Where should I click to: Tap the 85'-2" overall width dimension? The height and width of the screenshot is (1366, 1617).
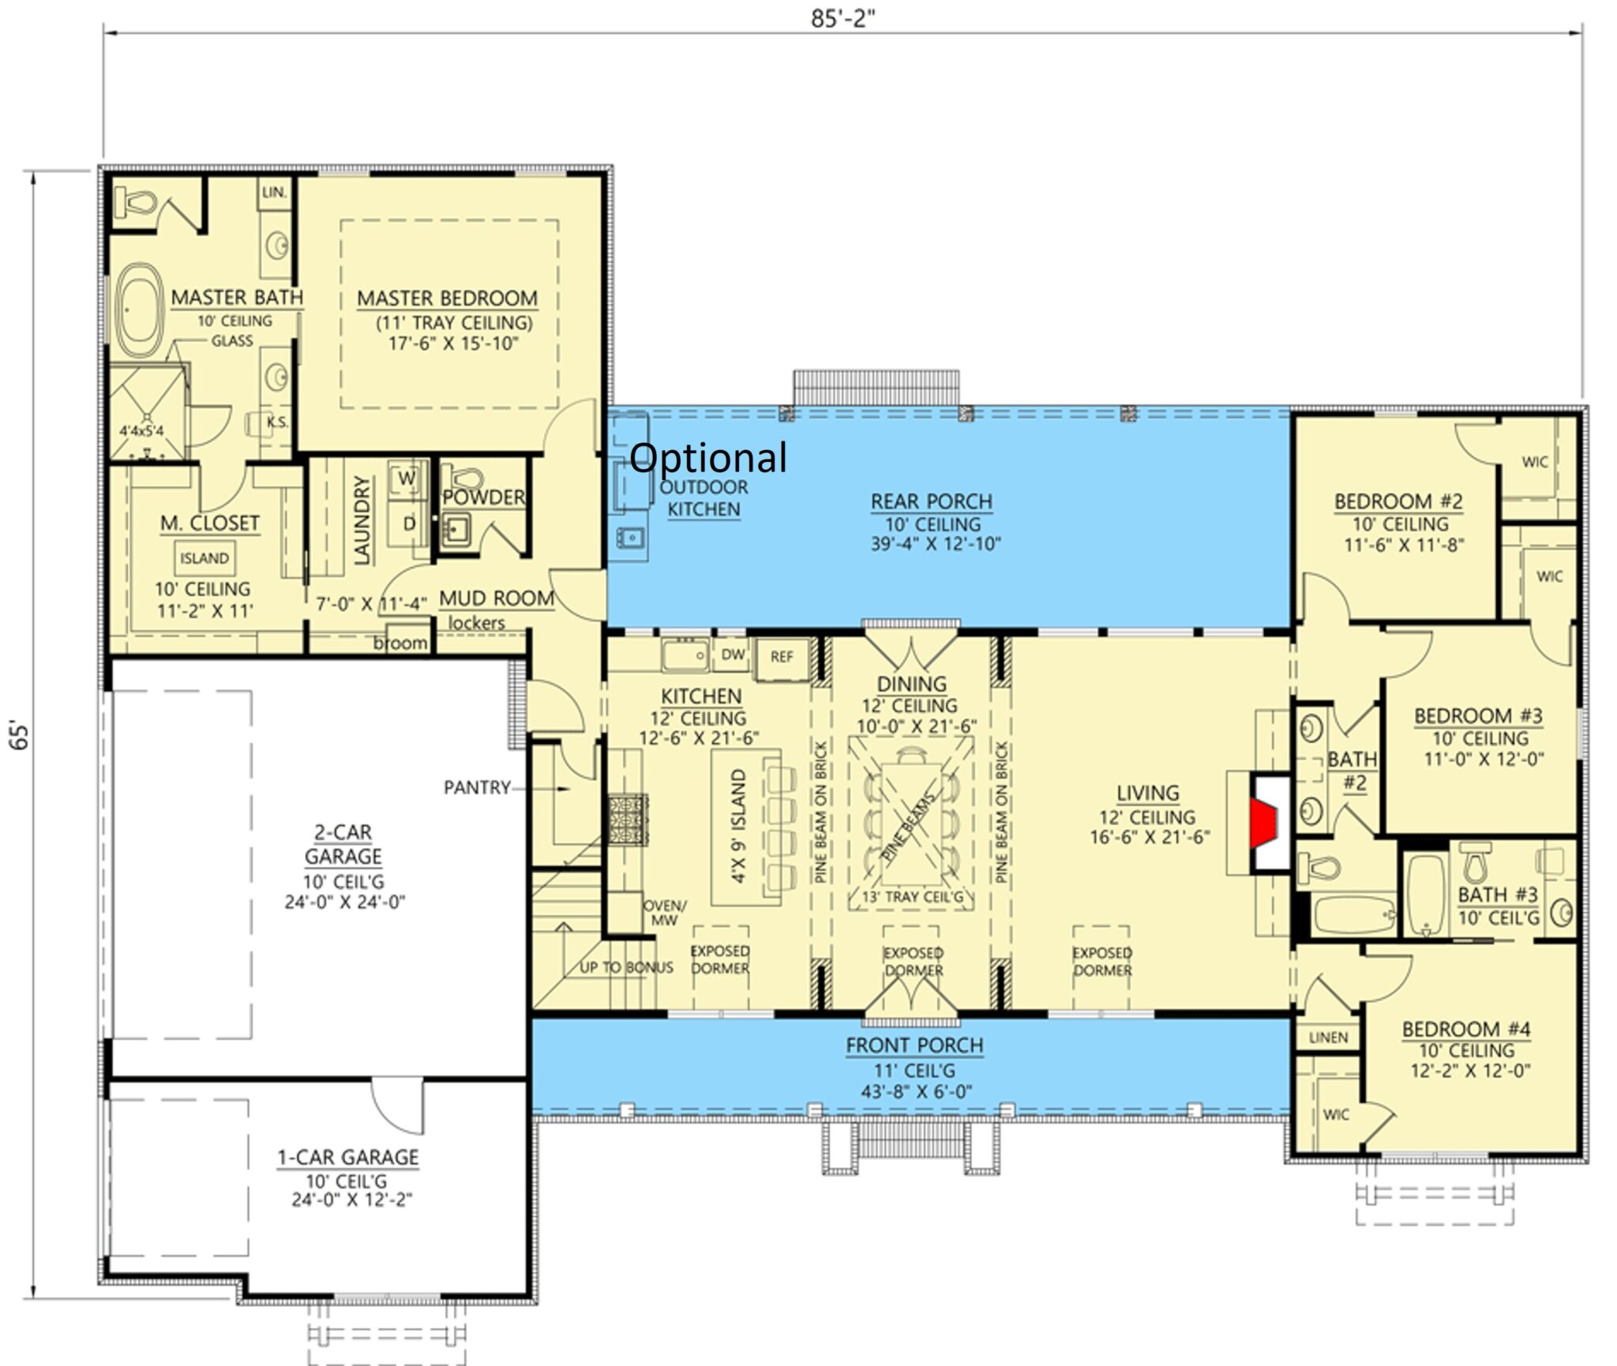point(842,18)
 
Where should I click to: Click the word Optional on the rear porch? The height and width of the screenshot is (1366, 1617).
point(708,457)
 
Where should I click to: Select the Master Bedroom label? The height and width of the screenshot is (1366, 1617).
point(447,298)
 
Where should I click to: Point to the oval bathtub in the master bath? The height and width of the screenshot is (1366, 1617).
point(141,310)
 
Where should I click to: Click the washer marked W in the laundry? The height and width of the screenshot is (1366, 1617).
point(406,478)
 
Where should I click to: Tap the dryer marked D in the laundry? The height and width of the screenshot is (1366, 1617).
point(409,524)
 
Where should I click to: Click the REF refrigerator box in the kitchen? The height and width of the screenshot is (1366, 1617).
point(781,657)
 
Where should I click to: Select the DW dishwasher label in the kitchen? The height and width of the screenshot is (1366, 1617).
point(733,655)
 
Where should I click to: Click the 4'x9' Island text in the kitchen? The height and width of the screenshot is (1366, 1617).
point(738,826)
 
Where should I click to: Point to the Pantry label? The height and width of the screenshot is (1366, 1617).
point(476,787)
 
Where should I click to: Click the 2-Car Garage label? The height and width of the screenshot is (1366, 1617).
point(343,844)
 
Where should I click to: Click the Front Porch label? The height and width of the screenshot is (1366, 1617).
point(914,1045)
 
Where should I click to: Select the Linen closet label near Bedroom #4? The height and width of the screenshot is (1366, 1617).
point(1328,1038)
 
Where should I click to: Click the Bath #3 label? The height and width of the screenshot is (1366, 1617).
point(1497,895)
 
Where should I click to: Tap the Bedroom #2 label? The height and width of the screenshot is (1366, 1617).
point(1398,501)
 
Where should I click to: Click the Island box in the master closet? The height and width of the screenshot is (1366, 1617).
point(204,558)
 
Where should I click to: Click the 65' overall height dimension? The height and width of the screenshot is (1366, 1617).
point(20,734)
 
